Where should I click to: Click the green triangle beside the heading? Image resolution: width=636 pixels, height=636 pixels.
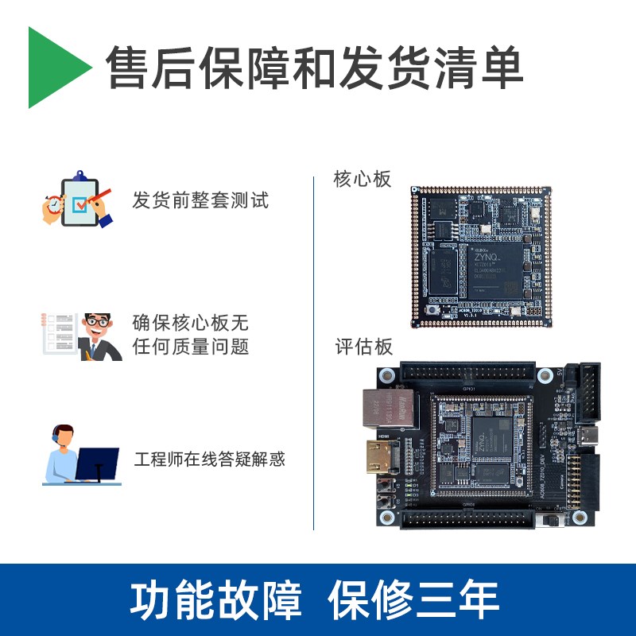pos(56,68)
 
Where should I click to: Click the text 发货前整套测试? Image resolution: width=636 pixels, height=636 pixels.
pos(200,200)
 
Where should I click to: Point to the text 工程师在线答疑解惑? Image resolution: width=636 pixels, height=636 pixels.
pos(210,459)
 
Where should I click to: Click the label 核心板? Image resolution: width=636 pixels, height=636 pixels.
pos(363,180)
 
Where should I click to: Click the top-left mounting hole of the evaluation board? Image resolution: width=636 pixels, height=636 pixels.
pos(389,374)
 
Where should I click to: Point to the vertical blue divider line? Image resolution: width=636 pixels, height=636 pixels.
pos(314,350)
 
